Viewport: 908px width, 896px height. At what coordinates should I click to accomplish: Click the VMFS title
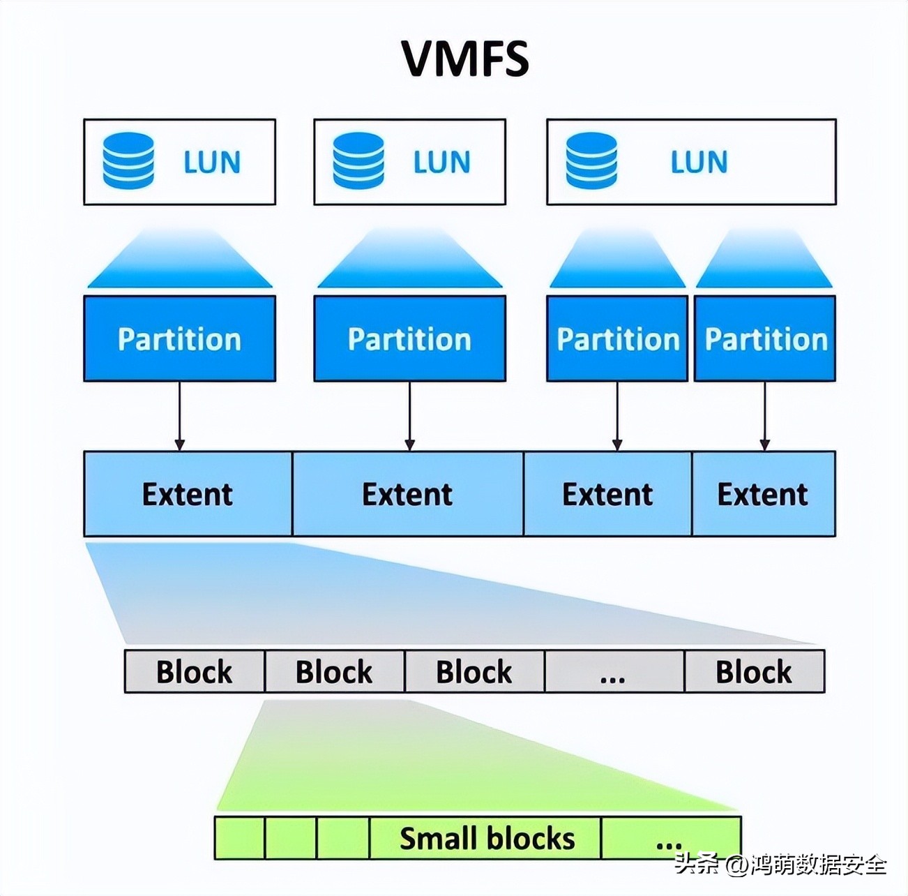(x=466, y=59)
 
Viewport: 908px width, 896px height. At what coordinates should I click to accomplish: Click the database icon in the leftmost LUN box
(x=128, y=160)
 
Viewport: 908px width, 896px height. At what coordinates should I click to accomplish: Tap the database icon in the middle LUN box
(x=358, y=160)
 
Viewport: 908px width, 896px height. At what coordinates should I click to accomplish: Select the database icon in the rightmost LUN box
(x=591, y=160)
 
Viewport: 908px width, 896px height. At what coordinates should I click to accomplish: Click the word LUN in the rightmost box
(x=699, y=162)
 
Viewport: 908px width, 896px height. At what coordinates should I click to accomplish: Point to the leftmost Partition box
(x=179, y=338)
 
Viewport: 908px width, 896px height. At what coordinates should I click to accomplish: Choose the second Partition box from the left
(x=410, y=338)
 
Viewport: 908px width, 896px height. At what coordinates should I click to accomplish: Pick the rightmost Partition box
(x=765, y=338)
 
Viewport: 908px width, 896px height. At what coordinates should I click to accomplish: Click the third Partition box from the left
(x=617, y=338)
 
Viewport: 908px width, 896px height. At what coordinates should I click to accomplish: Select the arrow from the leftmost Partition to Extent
(x=179, y=416)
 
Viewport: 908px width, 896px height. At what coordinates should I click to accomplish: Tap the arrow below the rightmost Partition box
(x=765, y=416)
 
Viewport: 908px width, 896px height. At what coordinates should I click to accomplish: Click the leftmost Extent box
(x=188, y=493)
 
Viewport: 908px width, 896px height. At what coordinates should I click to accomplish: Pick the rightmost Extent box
(x=764, y=493)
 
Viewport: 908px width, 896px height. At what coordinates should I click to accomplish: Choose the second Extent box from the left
(x=408, y=493)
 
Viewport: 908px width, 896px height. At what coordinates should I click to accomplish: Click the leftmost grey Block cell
(x=195, y=671)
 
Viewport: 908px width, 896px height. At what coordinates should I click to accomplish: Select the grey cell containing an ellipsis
(x=614, y=671)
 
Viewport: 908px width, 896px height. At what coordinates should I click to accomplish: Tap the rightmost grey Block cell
(x=755, y=671)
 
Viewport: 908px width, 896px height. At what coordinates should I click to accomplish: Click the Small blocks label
(x=487, y=838)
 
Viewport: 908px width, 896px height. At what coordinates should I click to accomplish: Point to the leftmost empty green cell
(x=240, y=838)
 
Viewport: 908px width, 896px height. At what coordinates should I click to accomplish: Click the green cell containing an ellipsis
(x=671, y=838)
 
